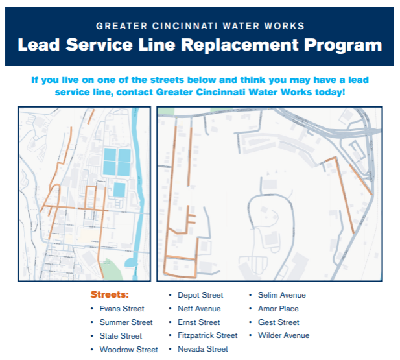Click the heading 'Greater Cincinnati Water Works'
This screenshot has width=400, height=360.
pyautogui.click(x=200, y=27)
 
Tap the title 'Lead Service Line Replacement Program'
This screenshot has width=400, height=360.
pyautogui.click(x=200, y=45)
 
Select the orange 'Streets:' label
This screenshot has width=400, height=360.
pyautogui.click(x=110, y=294)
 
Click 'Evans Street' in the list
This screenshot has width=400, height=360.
pyautogui.click(x=122, y=309)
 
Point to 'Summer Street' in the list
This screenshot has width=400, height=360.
pyautogui.click(x=126, y=322)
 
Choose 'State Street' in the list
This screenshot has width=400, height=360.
pyautogui.click(x=121, y=336)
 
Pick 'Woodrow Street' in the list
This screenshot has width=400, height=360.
pyautogui.click(x=128, y=350)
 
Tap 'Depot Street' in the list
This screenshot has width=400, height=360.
pyautogui.click(x=200, y=295)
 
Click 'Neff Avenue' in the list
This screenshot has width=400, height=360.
pyautogui.click(x=199, y=309)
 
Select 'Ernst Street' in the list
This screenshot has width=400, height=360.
pyautogui.click(x=199, y=322)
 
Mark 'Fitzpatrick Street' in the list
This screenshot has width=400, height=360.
pyautogui.click(x=207, y=335)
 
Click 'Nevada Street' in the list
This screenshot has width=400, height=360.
pyautogui.click(x=203, y=349)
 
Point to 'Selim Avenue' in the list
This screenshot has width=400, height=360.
pyautogui.click(x=281, y=295)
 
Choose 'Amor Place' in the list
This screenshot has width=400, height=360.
pyautogui.click(x=278, y=309)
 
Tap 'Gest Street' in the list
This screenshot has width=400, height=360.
pyautogui.click(x=278, y=322)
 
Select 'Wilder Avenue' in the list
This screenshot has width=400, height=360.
pyautogui.click(x=283, y=335)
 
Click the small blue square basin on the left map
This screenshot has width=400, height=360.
pyautogui.click(x=119, y=189)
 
